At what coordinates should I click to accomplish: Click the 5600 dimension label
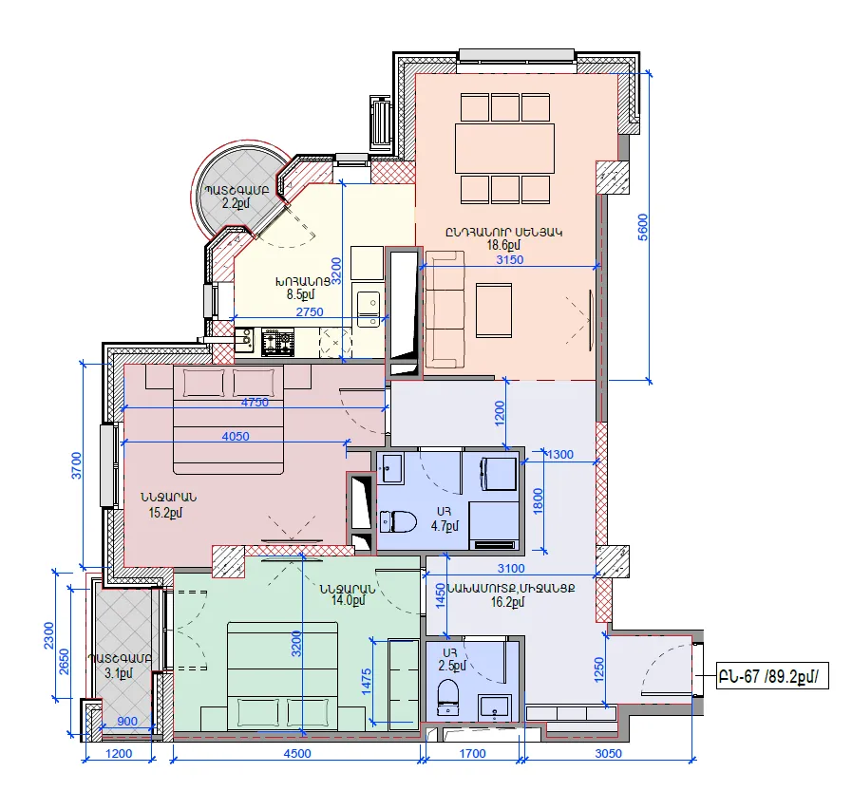coord(643,227)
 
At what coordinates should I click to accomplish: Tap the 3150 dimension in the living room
coord(510,259)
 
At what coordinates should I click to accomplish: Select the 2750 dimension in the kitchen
coord(310,311)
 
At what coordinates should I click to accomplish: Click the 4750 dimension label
coord(255,402)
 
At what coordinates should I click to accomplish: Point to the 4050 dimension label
coord(236,436)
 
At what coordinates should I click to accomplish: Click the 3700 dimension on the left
coord(77,465)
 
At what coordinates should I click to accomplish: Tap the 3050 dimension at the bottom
coord(609,753)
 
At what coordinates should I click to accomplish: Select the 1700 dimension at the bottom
coord(473,753)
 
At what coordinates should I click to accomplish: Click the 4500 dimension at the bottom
coord(297,753)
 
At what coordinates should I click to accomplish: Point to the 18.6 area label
coord(504,245)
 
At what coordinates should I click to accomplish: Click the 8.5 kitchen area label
coord(300,294)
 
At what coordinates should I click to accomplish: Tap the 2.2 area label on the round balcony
coord(236,204)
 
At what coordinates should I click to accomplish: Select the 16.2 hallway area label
coord(507,601)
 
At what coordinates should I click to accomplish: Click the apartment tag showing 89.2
coord(772,677)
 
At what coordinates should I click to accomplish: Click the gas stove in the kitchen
coord(277,342)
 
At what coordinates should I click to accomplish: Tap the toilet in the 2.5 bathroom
coord(448,698)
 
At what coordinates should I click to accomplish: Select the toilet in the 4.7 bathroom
coord(398,522)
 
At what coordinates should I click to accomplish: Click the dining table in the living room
coord(504,148)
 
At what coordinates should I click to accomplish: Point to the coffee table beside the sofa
coord(494,311)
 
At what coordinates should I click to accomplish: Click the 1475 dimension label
coord(366,681)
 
